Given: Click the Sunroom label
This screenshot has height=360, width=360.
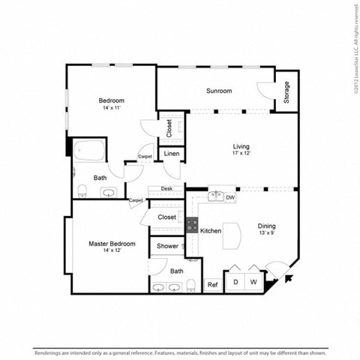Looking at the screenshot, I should point(219,91).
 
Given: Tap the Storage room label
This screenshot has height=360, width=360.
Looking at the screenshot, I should point(286,91).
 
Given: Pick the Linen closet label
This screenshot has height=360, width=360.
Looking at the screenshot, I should point(172,154).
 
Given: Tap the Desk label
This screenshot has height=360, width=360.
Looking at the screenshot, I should point(166,189).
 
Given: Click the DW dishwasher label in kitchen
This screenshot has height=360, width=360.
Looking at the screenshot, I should point(231,197).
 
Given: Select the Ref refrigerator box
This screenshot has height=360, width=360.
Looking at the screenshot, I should point(212,284).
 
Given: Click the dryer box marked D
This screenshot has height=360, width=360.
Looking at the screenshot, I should point(235,282).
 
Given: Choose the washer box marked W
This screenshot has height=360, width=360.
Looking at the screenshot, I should point(254,282).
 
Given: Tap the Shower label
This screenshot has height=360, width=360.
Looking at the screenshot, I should point(167,246).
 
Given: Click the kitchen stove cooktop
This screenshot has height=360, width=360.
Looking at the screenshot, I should point(192,223).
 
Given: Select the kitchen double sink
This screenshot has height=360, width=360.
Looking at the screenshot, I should point(215,196).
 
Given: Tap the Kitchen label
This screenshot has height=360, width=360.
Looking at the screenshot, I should point(211,231).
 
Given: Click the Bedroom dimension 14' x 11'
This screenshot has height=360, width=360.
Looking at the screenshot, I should point(111,109).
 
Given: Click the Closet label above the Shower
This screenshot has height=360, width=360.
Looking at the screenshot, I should point(167,217).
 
